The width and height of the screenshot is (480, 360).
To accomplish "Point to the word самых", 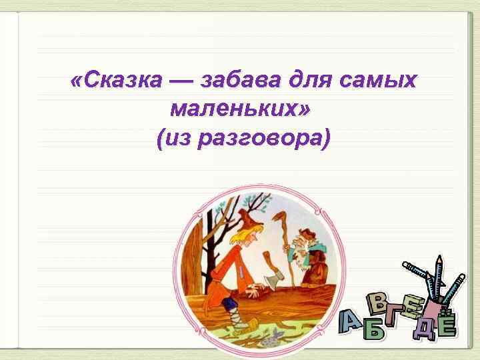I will click(378, 81).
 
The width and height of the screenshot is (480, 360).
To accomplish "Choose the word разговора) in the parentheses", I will click(273, 139).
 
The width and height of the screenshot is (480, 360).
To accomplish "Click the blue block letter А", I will click(352, 321).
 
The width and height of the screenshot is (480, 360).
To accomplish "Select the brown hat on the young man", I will click(247, 215).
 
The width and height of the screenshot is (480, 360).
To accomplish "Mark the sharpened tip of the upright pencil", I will click(439, 257).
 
